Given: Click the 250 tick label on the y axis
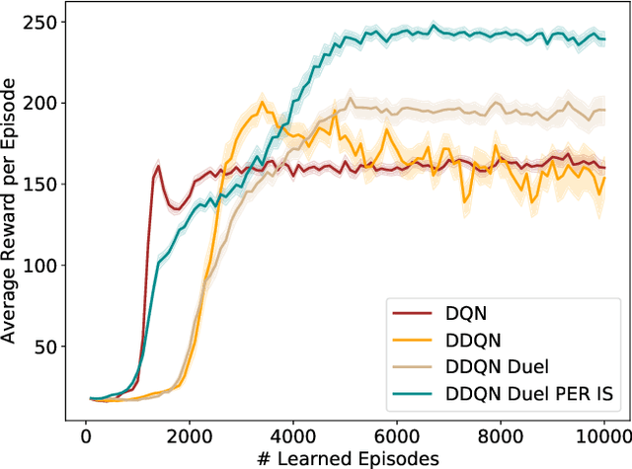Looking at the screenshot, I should click(44, 21).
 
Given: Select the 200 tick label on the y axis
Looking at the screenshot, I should click(44, 103).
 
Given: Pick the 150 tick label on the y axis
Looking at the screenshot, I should click(44, 184).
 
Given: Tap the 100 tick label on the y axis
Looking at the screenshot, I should click(44, 266).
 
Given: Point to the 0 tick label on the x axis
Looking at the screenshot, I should click(86, 435).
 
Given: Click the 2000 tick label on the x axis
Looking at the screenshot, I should click(190, 435).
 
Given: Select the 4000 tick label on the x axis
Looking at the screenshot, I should click(293, 435).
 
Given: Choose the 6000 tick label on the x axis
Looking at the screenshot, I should click(397, 435).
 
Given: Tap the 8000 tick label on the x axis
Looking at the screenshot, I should click(501, 435).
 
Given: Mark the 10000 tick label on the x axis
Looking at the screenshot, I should click(602, 435).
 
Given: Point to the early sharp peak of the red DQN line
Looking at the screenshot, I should click(158, 166).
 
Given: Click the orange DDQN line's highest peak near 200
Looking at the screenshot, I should click(263, 103).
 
